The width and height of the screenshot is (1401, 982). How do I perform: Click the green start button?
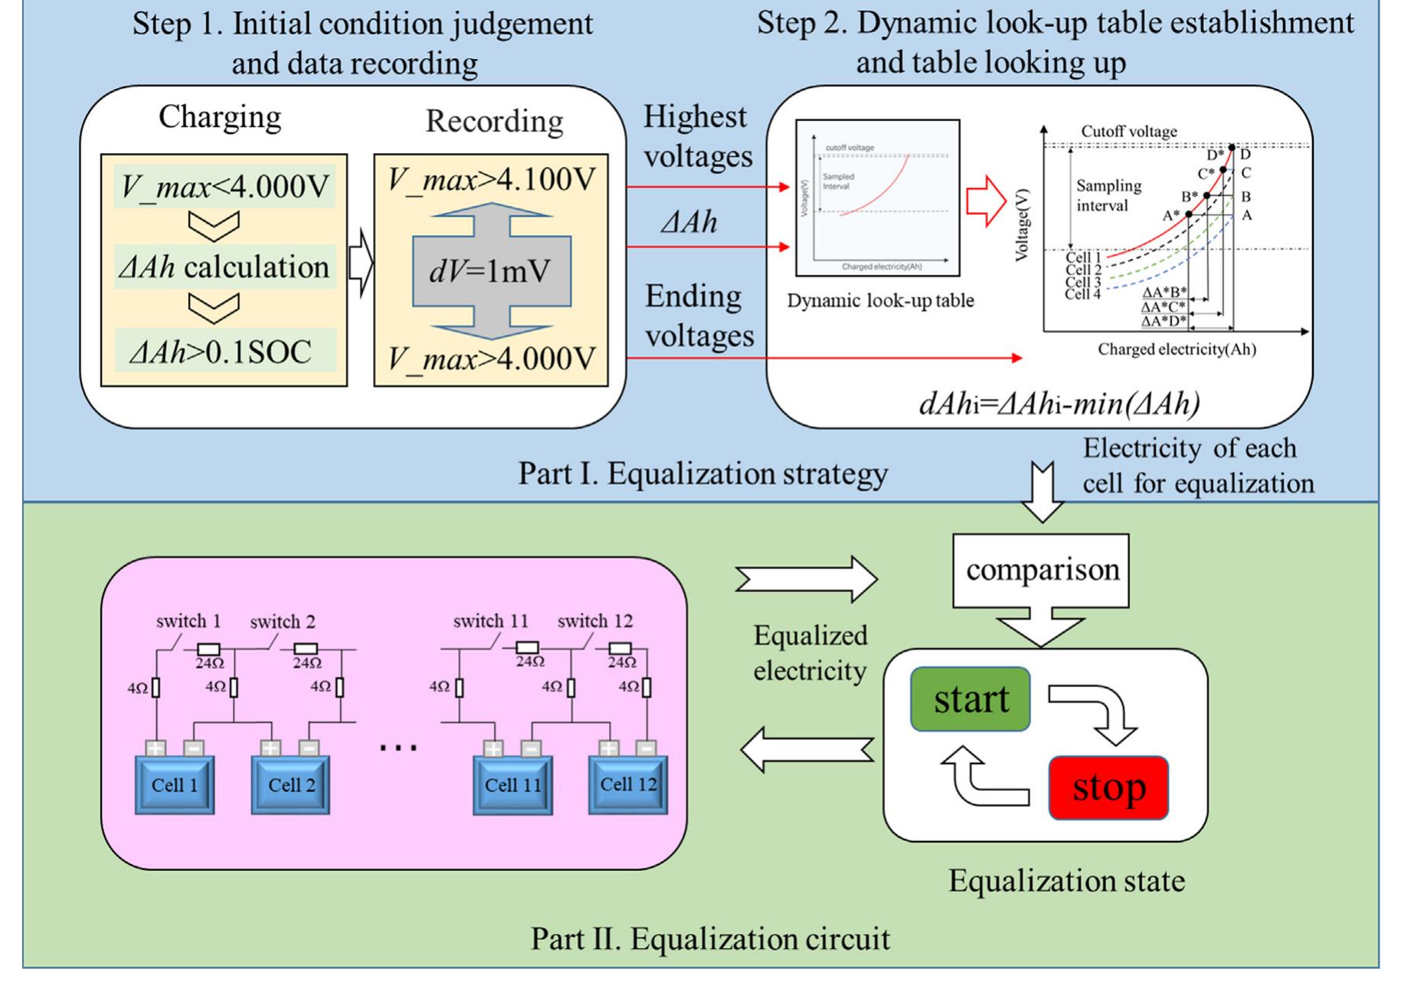970,699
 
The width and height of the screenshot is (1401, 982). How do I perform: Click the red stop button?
1108,787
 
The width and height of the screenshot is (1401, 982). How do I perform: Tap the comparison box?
1041,570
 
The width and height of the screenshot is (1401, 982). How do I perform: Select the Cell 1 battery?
175,784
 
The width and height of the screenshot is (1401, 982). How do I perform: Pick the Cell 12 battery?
627,784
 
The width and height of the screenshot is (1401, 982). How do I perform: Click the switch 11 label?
490,620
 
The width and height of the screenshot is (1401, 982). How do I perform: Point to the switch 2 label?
283,621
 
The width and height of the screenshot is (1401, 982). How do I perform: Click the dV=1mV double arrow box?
491,271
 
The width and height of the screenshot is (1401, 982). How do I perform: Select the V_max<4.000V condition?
224,185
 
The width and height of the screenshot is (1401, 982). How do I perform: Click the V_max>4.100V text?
491,179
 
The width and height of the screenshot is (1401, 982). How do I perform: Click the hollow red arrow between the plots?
986,201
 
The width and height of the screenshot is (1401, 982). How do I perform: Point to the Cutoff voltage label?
1128,131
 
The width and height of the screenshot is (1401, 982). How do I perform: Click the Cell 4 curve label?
1082,294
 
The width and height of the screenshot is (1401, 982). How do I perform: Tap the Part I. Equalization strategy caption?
702,473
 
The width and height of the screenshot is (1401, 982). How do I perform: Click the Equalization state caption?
1066,881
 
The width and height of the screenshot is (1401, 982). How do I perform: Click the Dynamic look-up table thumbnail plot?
877,198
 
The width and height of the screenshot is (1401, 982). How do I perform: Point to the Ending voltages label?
698,316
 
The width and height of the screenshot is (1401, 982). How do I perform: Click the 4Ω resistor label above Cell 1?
138,688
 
